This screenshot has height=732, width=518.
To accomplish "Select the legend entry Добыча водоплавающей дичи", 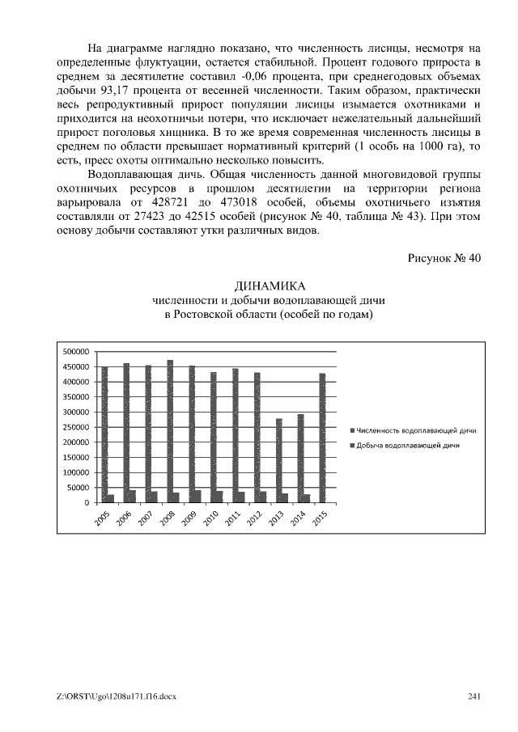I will point(410,446).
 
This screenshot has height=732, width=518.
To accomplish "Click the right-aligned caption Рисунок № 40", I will point(444,258).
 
